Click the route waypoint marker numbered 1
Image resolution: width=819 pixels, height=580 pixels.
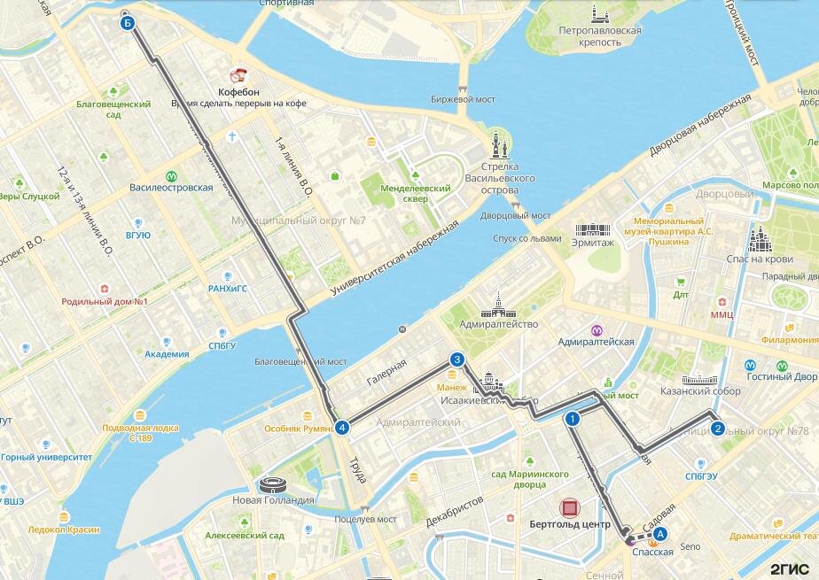[x=573, y=419]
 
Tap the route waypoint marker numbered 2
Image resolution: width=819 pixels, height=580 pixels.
[x=718, y=429]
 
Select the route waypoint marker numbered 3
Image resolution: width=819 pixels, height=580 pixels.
[x=456, y=360]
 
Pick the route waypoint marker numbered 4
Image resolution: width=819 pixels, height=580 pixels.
[x=342, y=429]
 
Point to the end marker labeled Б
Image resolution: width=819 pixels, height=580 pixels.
[x=128, y=23]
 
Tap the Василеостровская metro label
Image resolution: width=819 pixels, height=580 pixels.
[x=171, y=188]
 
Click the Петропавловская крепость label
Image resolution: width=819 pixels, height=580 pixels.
[x=600, y=35]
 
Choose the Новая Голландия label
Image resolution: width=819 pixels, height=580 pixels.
[x=273, y=500]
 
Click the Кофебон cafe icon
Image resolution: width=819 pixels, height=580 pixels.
[x=238, y=76]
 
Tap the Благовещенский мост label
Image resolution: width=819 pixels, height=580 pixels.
[x=300, y=361]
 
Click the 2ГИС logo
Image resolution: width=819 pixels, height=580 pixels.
[x=791, y=568]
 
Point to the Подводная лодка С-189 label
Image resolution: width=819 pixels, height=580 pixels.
[x=140, y=433]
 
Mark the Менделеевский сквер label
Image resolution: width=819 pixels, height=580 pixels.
[x=403, y=194]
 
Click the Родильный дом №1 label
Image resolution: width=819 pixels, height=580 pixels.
[x=104, y=302]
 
